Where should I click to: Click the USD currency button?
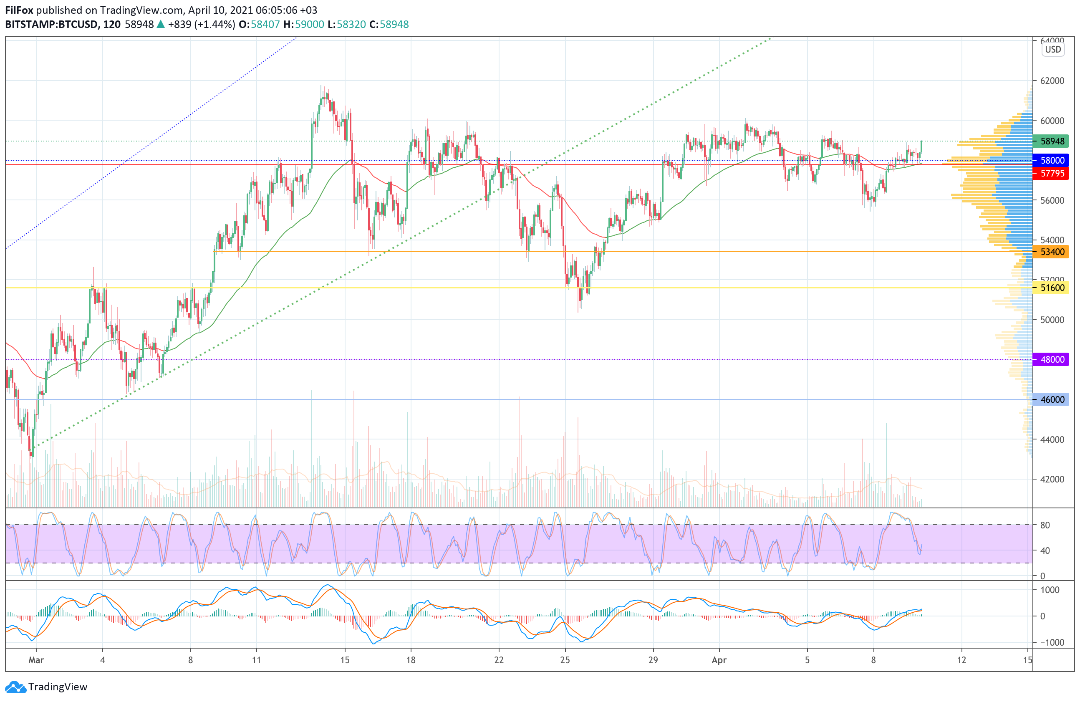tap(1053, 50)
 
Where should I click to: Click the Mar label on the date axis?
tap(36, 660)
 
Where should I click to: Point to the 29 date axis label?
tap(653, 660)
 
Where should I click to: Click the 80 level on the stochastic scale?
tap(1045, 525)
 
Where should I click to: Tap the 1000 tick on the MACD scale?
tap(1050, 590)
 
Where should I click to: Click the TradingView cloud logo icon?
tap(16, 687)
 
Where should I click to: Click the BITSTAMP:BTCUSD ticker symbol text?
tap(51, 25)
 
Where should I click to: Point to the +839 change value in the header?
tap(179, 25)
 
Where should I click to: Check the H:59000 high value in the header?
tap(303, 25)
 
